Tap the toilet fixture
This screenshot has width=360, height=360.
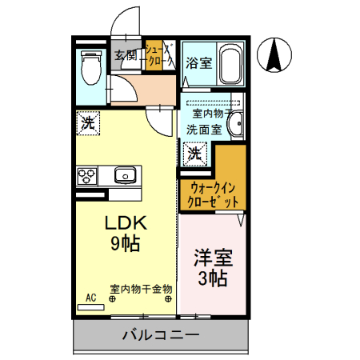pyautogui.click(x=89, y=67)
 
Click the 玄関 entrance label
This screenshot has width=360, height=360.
pyautogui.click(x=126, y=55)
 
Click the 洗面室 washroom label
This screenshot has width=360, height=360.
pyautogui.click(x=203, y=128)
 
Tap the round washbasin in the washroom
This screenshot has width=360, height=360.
pyautogui.click(x=237, y=126)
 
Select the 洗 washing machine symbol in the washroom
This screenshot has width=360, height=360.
pyautogui.click(x=195, y=151)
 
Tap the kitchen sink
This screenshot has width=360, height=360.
pyautogui.click(x=125, y=175)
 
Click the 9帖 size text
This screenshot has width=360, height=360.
pyautogui.click(x=124, y=244)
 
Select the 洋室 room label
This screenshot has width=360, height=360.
pyautogui.click(x=213, y=258)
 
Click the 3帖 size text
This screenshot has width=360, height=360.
pyautogui.click(x=213, y=278)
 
